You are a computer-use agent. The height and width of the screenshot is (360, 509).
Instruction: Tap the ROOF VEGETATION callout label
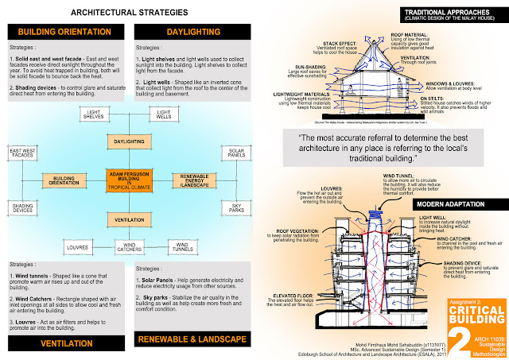tap(289, 230)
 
